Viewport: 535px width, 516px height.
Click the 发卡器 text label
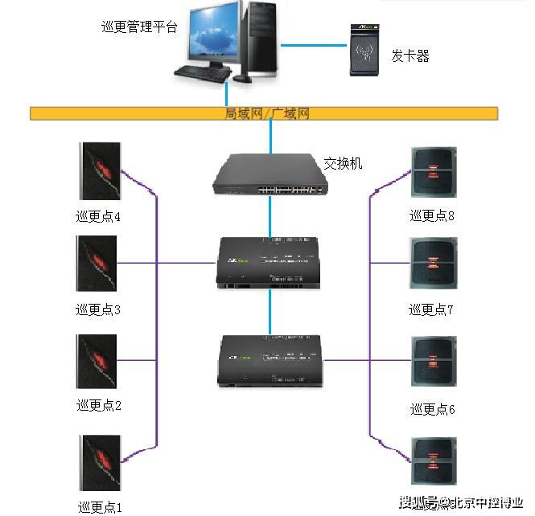(x=410, y=55)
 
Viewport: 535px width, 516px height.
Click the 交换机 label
(x=344, y=163)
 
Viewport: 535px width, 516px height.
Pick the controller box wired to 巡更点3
(x=270, y=263)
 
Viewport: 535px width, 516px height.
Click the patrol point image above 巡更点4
(x=98, y=171)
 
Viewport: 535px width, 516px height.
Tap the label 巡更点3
(x=98, y=309)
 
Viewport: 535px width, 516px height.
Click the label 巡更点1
(x=100, y=506)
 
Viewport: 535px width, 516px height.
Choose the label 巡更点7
(x=431, y=309)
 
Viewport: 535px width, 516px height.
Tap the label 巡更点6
(x=432, y=409)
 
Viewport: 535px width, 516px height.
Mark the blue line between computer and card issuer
(x=313, y=44)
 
